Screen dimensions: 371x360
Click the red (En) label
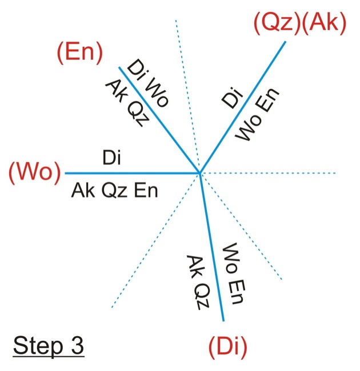coord(79,54)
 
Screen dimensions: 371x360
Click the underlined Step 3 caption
coord(49,345)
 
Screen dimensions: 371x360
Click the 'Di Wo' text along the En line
coord(148,83)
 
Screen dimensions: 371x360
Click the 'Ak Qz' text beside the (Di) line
coord(195,282)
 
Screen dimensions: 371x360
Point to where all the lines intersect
coord(199,172)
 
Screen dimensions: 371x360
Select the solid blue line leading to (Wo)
coord(131,172)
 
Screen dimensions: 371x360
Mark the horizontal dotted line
coord(274,172)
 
